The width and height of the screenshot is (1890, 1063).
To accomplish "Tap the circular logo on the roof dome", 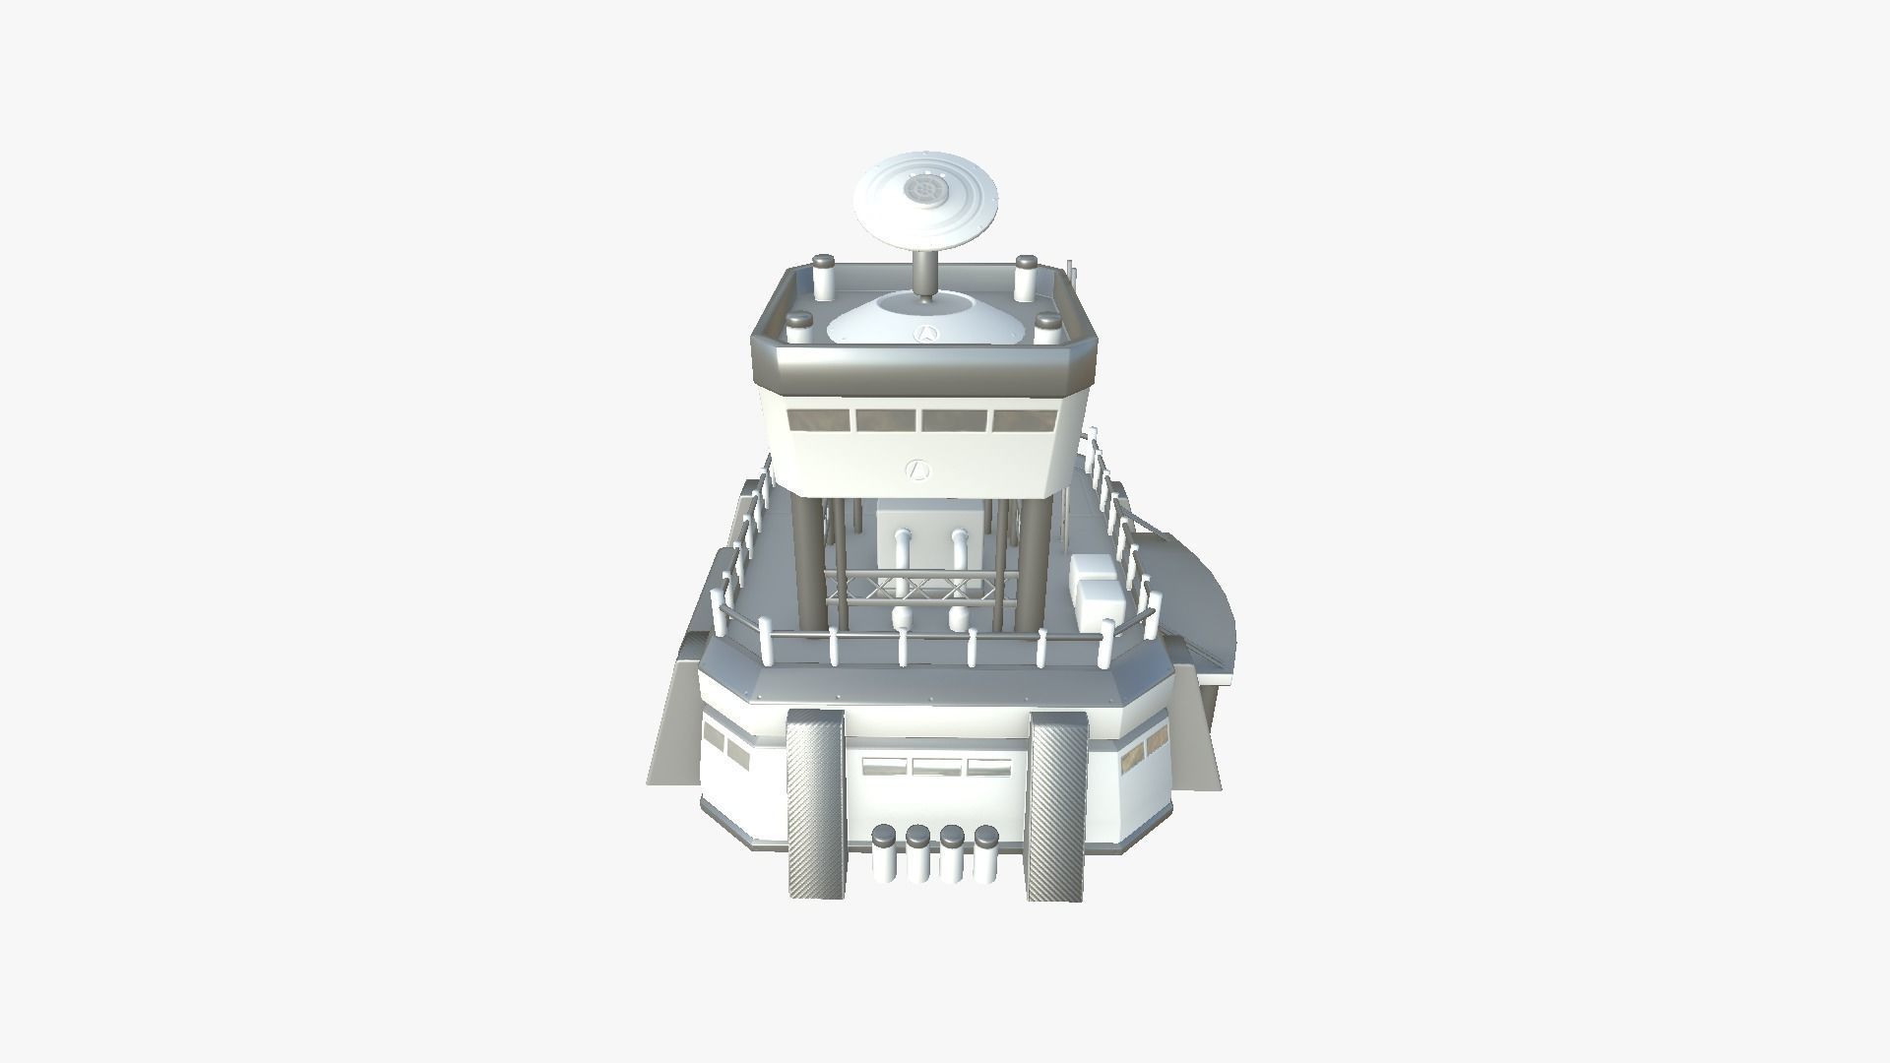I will tap(925, 333).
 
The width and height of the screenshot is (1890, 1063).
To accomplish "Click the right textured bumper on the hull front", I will tap(1056, 805).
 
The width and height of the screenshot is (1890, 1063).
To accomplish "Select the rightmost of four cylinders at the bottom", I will tap(985, 853).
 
